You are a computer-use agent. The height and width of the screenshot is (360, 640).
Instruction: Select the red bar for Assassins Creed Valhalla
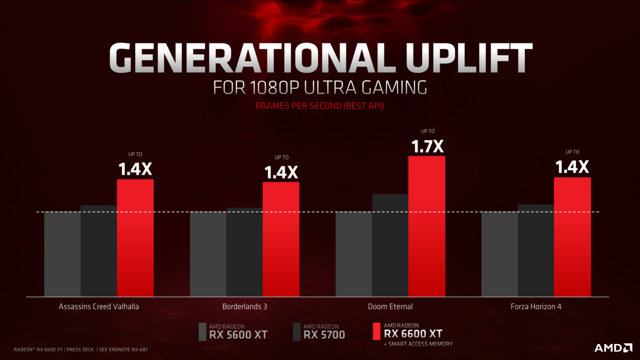(135, 238)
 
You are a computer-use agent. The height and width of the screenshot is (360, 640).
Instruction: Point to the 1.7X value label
(427, 147)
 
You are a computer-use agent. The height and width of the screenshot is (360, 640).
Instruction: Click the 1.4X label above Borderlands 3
(281, 172)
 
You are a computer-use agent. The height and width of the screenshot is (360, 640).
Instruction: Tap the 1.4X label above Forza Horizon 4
(572, 167)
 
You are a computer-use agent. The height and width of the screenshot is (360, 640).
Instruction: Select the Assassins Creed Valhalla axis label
(99, 306)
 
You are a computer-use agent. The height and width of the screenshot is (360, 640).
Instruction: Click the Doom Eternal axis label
(390, 306)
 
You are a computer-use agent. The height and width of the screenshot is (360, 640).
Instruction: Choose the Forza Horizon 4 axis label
(536, 306)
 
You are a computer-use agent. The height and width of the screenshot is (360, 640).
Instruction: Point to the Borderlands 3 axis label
(244, 306)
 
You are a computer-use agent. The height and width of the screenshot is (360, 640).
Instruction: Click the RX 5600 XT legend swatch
(202, 331)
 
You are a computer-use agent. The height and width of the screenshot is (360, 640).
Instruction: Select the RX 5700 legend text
(324, 331)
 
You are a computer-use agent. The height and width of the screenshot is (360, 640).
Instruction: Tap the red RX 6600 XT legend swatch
(377, 331)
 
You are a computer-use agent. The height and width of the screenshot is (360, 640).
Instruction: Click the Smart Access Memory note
(418, 344)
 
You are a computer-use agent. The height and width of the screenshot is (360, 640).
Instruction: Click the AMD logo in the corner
(613, 347)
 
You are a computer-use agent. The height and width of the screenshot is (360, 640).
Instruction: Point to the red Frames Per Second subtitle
(320, 106)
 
